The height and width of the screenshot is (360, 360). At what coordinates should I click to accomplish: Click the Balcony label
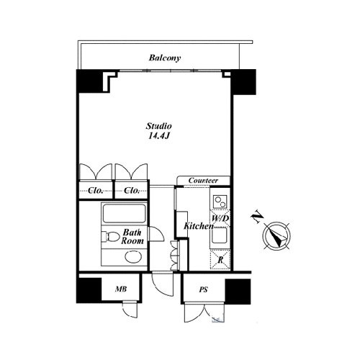tap(165, 58)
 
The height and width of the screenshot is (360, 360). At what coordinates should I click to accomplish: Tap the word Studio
tap(159, 126)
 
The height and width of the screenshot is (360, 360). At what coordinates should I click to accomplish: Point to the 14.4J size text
tap(159, 136)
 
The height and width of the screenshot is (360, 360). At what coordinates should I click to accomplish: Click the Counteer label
tap(203, 180)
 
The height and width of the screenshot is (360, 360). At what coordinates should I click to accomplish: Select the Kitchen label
tap(199, 226)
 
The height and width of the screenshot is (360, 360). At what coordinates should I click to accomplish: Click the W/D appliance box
tap(220, 219)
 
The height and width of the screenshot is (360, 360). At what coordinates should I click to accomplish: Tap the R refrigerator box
tap(220, 259)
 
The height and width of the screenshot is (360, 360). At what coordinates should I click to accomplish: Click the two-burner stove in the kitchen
tap(220, 202)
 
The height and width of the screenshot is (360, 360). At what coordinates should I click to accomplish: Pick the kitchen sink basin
tap(220, 235)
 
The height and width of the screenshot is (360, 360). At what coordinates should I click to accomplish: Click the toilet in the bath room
tap(111, 236)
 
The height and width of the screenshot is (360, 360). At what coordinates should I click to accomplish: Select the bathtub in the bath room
tap(124, 213)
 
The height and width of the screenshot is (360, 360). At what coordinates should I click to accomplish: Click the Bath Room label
tap(132, 237)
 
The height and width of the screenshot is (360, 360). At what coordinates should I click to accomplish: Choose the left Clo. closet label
tap(95, 191)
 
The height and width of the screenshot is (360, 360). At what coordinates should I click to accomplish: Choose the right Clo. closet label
tap(132, 191)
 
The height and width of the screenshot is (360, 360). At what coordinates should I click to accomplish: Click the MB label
tap(121, 289)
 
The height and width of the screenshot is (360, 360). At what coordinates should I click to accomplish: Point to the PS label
tap(203, 289)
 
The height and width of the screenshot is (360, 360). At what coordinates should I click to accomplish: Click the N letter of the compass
tap(257, 217)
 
